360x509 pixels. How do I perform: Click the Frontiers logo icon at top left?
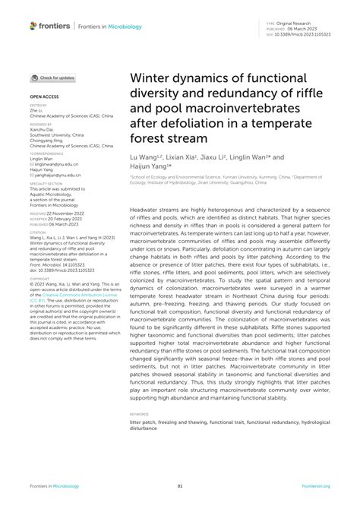pyautogui.click(x=33, y=26)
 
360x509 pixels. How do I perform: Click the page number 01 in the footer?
pyautogui.click(x=180, y=486)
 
